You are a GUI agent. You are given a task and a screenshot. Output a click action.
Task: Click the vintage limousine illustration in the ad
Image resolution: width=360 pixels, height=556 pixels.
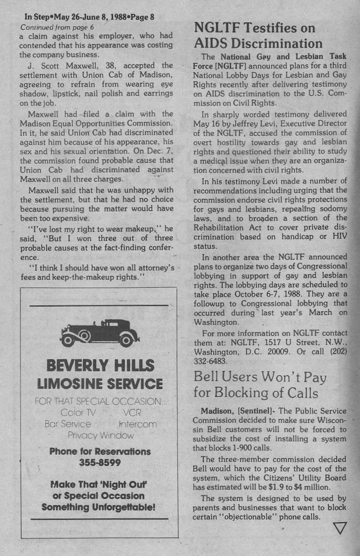(99, 333)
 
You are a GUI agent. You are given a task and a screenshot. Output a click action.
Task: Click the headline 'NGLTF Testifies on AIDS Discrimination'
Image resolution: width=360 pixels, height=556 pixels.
(257, 36)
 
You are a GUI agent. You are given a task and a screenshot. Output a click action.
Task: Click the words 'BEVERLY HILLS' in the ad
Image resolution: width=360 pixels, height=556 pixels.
(100, 366)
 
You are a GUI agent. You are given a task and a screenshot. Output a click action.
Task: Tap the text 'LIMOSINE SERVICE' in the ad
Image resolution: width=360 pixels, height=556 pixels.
(100, 384)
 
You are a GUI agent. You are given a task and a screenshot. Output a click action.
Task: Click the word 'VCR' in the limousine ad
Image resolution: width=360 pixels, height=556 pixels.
(133, 412)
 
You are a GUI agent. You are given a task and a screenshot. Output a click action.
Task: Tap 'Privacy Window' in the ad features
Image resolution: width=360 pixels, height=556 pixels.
(101, 436)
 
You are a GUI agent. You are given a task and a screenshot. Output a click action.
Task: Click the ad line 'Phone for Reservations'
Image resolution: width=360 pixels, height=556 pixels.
(100, 451)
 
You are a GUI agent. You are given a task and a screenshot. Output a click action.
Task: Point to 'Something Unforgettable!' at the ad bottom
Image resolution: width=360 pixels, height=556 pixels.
(98, 507)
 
